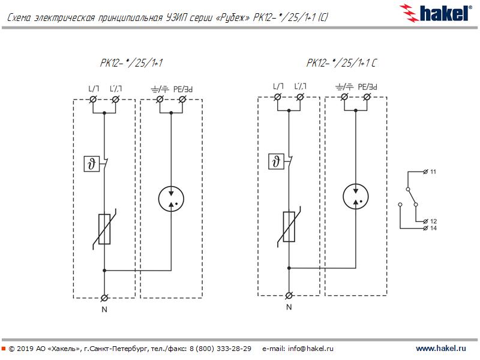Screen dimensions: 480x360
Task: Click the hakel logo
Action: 436,13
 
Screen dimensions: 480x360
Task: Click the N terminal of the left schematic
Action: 104,298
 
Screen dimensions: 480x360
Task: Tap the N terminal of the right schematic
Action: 289,295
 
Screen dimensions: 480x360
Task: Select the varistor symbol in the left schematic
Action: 104,229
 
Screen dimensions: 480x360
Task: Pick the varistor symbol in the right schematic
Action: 289,227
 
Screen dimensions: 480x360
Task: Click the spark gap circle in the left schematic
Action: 171,199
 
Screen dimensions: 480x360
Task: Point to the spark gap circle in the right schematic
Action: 356,197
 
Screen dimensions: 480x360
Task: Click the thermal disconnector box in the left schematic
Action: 92,164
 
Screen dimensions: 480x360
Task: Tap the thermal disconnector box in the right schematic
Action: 276,161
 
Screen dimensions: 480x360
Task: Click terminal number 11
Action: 433,172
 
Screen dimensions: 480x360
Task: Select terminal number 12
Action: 433,221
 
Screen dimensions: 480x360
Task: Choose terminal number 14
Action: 433,228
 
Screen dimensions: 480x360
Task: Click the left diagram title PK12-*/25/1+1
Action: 131,63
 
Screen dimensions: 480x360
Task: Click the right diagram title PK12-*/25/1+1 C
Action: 341,63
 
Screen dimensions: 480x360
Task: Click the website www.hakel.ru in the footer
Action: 441,349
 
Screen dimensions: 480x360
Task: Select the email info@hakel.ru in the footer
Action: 311,349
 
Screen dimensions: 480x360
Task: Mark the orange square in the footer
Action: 4,349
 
